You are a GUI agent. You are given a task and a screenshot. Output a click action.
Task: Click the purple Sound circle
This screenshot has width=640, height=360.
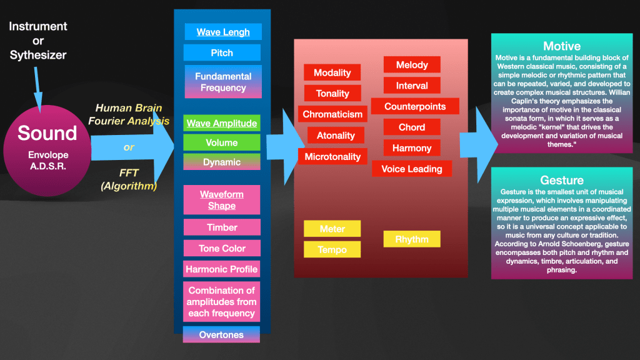point(47,143)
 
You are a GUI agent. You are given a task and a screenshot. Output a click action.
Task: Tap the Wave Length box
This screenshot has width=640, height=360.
point(223,32)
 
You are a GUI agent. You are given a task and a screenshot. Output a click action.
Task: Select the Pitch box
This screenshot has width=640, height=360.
point(222,52)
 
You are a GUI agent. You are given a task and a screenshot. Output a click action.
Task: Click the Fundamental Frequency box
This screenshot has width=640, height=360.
point(223,82)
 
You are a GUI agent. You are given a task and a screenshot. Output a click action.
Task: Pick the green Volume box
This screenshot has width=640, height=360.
point(222,142)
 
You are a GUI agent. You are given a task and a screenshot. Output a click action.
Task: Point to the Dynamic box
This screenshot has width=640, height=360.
point(222,162)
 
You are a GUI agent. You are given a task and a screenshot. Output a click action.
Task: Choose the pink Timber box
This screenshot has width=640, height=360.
point(222,227)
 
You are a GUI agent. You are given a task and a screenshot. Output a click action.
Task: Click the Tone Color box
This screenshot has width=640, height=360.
point(222,248)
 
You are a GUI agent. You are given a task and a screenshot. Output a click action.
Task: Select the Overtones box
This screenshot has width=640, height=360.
point(221,334)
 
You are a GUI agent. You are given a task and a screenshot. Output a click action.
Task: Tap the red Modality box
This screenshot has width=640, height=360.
point(332,72)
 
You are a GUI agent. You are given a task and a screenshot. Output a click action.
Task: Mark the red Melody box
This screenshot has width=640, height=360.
point(412,64)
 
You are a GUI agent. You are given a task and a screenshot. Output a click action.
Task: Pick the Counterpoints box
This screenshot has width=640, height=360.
point(415,106)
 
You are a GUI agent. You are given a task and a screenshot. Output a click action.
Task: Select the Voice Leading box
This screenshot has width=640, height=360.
point(411,169)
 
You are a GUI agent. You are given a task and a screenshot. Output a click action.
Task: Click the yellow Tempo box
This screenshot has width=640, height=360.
point(332,249)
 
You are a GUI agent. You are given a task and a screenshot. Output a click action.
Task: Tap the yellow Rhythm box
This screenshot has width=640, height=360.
point(412,239)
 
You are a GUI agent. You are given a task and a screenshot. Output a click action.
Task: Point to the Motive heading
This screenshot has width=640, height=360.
point(561,46)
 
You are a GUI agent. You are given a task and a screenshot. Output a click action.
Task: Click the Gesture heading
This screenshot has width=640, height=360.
point(561,180)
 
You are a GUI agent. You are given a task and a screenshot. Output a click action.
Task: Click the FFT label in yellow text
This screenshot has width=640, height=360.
point(129,173)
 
